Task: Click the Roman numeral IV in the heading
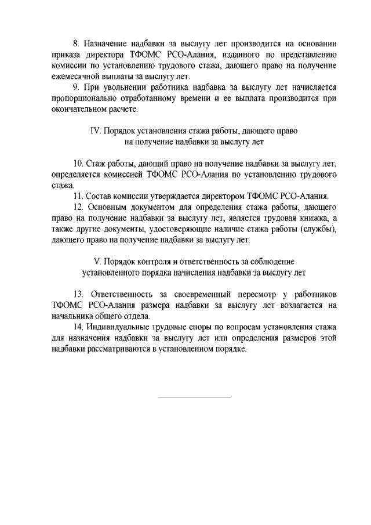[96, 131]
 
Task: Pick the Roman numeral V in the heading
[97, 261]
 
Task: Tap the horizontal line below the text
[194, 397]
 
